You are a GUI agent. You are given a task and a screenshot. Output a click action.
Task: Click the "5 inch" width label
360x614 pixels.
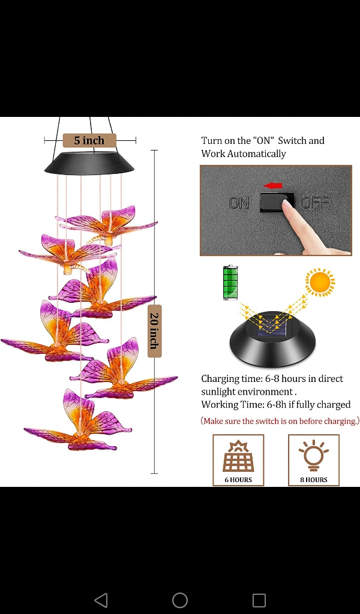click(89, 140)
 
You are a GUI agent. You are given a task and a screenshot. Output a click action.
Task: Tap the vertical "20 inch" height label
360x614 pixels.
click(154, 330)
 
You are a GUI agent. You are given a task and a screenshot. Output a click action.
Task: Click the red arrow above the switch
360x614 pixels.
click(274, 185)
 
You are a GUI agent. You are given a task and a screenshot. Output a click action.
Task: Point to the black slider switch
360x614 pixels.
click(277, 202)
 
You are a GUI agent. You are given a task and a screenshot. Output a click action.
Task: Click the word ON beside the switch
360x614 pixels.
click(239, 203)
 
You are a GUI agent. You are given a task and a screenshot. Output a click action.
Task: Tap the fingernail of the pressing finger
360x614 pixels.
click(287, 204)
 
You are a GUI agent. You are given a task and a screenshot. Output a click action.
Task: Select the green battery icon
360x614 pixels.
click(230, 282)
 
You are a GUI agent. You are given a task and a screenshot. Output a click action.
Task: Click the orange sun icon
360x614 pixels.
click(320, 282)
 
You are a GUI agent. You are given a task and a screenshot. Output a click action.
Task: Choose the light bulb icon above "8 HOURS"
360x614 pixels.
click(314, 455)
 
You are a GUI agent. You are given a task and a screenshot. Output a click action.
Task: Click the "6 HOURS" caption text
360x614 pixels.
click(238, 479)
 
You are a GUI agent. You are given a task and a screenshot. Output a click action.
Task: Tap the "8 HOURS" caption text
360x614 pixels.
click(314, 479)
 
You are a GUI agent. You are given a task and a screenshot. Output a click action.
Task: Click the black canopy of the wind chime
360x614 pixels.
click(89, 163)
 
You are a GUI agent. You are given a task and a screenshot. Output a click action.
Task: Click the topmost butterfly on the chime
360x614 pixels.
click(107, 224)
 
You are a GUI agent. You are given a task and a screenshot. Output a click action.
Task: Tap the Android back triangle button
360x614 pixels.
click(101, 600)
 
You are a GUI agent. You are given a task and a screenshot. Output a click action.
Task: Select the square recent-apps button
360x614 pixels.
click(259, 600)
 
